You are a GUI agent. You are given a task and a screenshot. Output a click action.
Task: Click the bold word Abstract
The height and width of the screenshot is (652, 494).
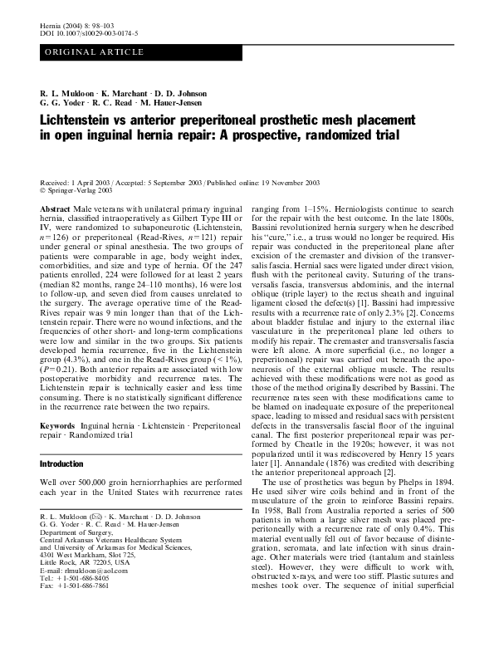55,188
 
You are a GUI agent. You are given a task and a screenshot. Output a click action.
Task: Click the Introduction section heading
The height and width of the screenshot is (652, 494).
62,464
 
